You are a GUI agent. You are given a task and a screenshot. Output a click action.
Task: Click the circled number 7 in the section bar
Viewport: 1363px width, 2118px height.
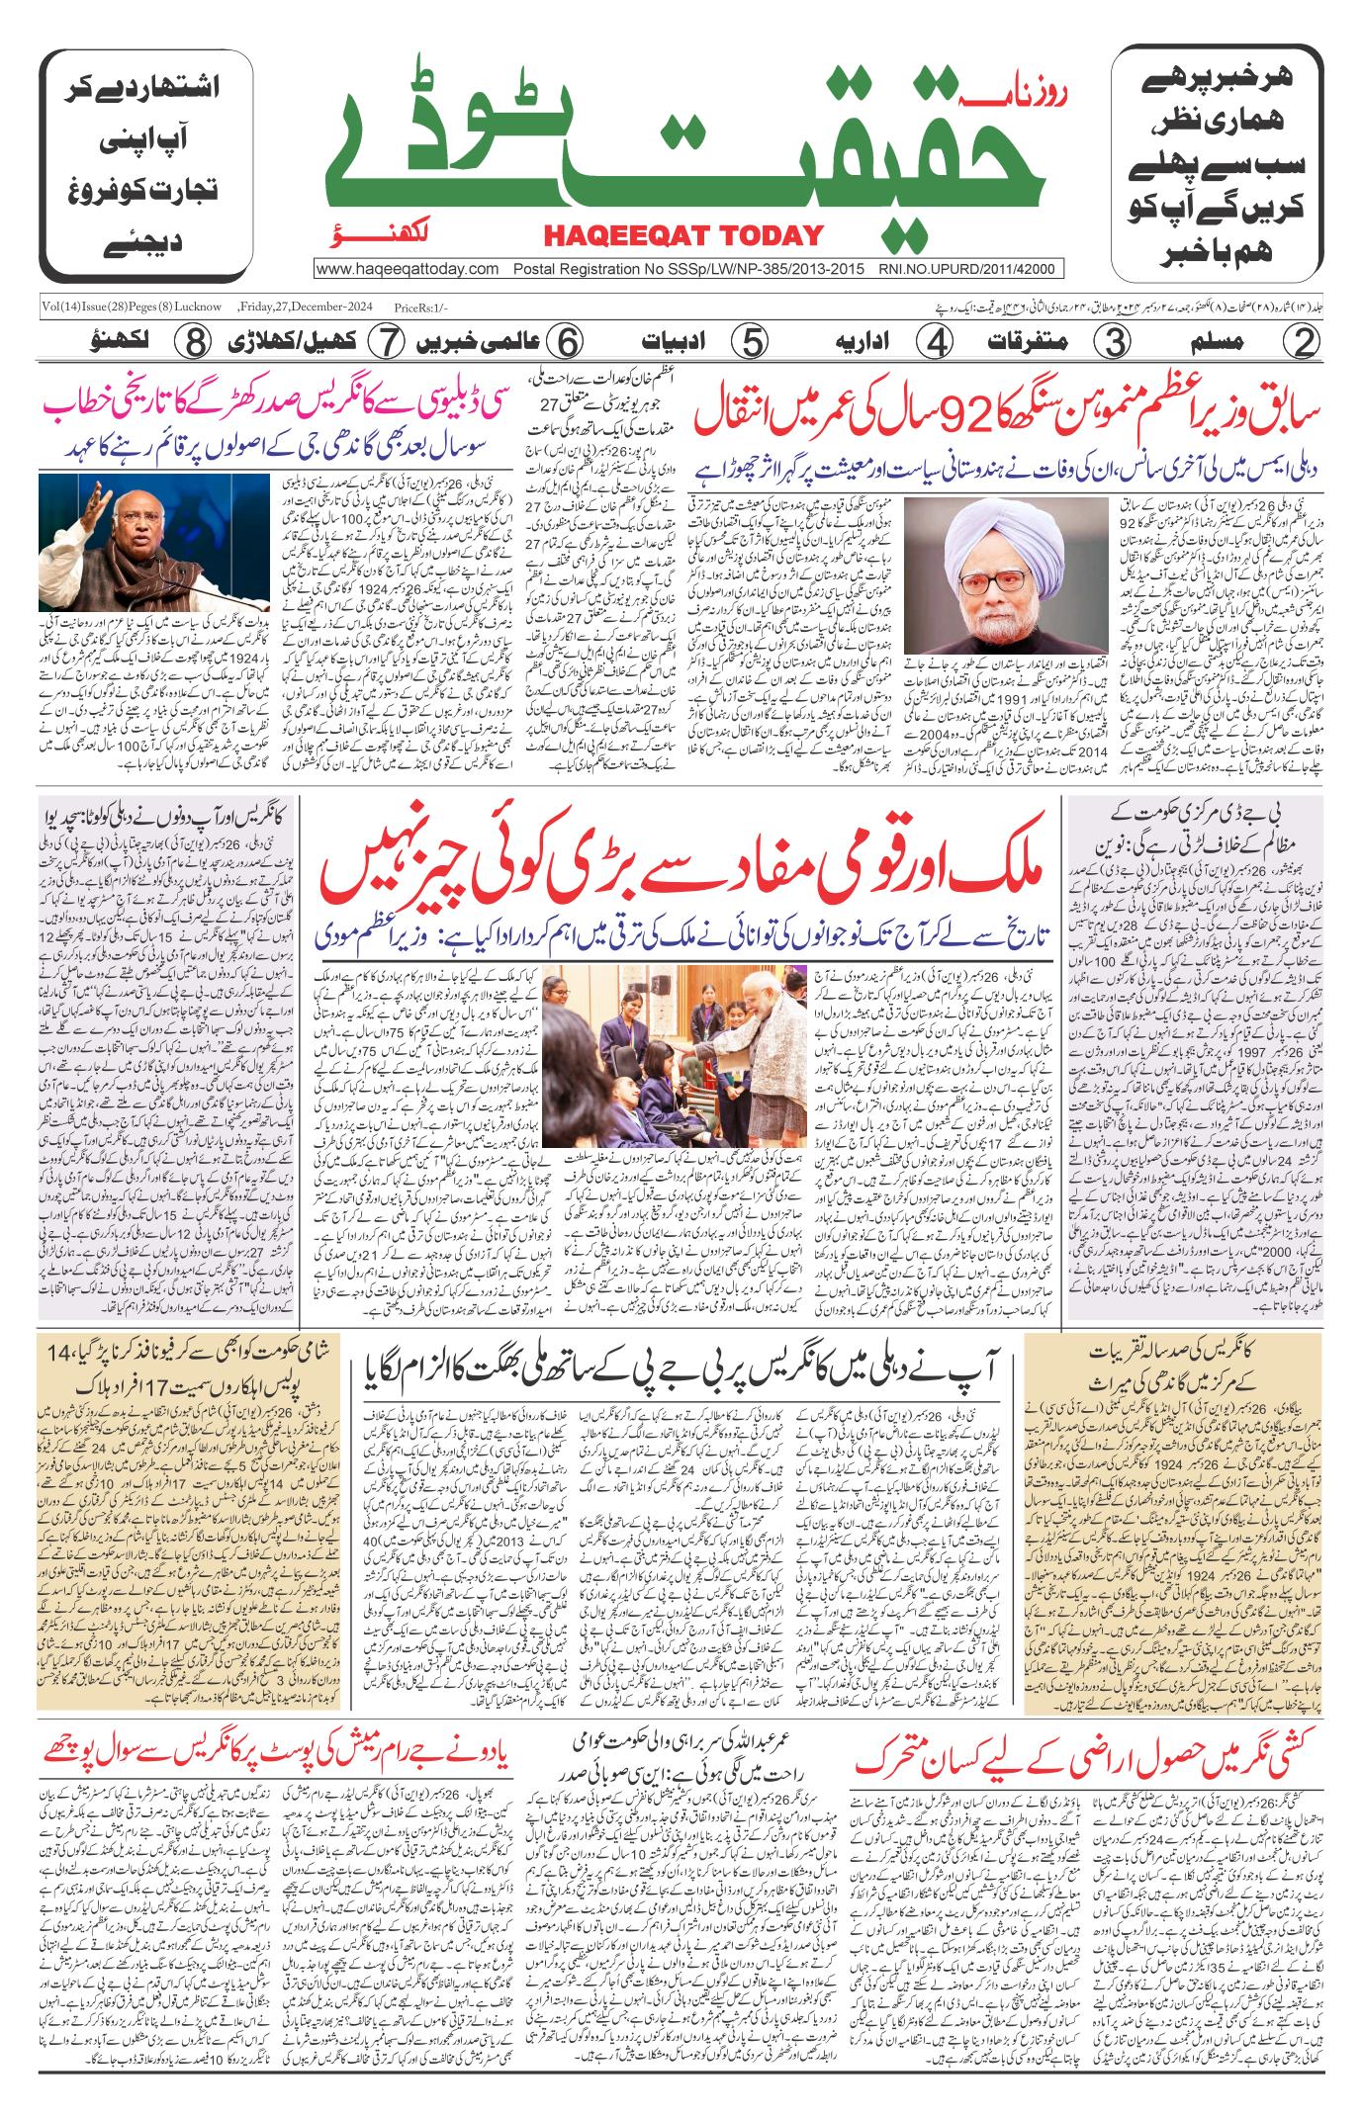coord(384,342)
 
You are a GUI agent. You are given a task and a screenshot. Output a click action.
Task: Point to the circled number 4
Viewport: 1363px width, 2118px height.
coord(932,342)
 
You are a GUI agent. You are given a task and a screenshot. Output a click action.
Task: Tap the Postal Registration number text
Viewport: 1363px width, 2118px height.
coord(689,268)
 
